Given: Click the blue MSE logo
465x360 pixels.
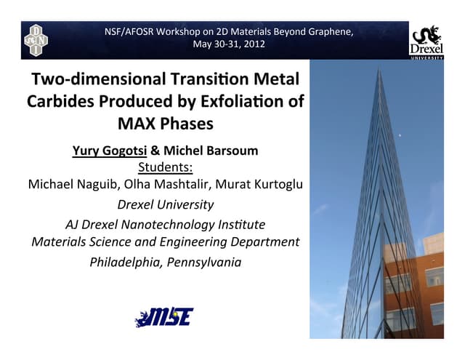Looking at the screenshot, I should (163, 317).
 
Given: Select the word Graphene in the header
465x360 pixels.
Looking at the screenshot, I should (327, 31).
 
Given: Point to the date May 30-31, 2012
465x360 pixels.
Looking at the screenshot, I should (229, 44).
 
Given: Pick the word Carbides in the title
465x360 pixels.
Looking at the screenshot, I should (60, 101).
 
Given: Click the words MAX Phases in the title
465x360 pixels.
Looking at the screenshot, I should (166, 124).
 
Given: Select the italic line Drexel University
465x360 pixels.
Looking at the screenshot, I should (166, 204).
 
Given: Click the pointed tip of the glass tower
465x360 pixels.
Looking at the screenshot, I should (377, 68).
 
